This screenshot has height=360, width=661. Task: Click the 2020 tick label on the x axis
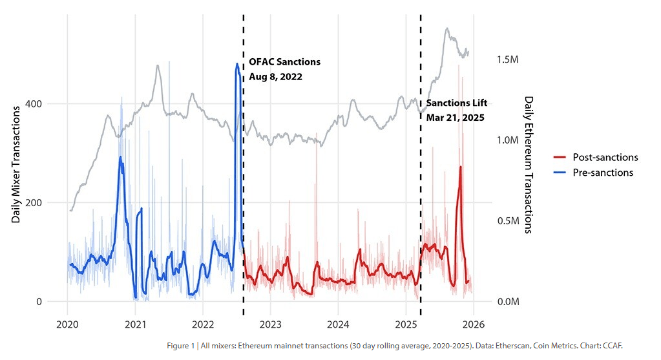click(67, 324)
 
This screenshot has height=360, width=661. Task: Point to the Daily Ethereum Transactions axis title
click(528, 165)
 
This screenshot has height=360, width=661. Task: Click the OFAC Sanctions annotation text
click(284, 62)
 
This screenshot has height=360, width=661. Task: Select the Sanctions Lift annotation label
click(456, 103)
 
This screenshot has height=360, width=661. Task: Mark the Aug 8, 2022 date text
click(275, 76)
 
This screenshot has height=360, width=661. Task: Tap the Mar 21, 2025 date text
click(455, 118)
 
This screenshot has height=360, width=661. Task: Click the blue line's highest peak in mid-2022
click(237, 64)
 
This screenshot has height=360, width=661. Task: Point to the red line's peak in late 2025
click(460, 167)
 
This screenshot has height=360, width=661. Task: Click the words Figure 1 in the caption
click(180, 346)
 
